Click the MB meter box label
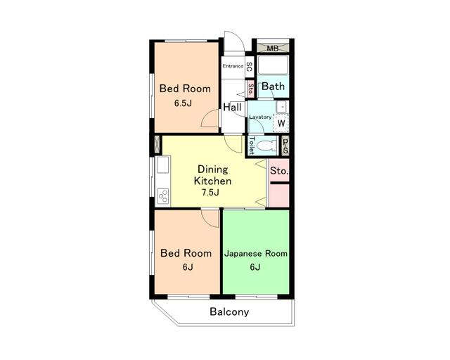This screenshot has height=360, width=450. [272, 49]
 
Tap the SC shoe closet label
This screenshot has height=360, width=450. [250, 67]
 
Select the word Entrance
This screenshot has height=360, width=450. [233, 66]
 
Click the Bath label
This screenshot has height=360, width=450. [274, 86]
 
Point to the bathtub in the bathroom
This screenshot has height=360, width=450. [273, 65]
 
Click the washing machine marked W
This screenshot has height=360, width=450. [281, 123]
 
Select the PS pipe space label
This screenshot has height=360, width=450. [285, 146]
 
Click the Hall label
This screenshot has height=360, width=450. [232, 108]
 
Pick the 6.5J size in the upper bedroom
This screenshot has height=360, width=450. [183, 103]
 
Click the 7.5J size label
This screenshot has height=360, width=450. [210, 193]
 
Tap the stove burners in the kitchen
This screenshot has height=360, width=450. [162, 197]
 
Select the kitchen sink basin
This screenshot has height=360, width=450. [162, 165]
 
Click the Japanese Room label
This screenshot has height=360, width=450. [256, 254]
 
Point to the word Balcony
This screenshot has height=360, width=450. [229, 312]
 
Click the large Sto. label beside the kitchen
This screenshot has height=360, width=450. [279, 171]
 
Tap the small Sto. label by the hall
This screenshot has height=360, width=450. [251, 89]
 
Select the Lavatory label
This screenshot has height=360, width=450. [260, 117]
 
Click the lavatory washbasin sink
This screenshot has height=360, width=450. [281, 107]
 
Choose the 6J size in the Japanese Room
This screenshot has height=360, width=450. [255, 267]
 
